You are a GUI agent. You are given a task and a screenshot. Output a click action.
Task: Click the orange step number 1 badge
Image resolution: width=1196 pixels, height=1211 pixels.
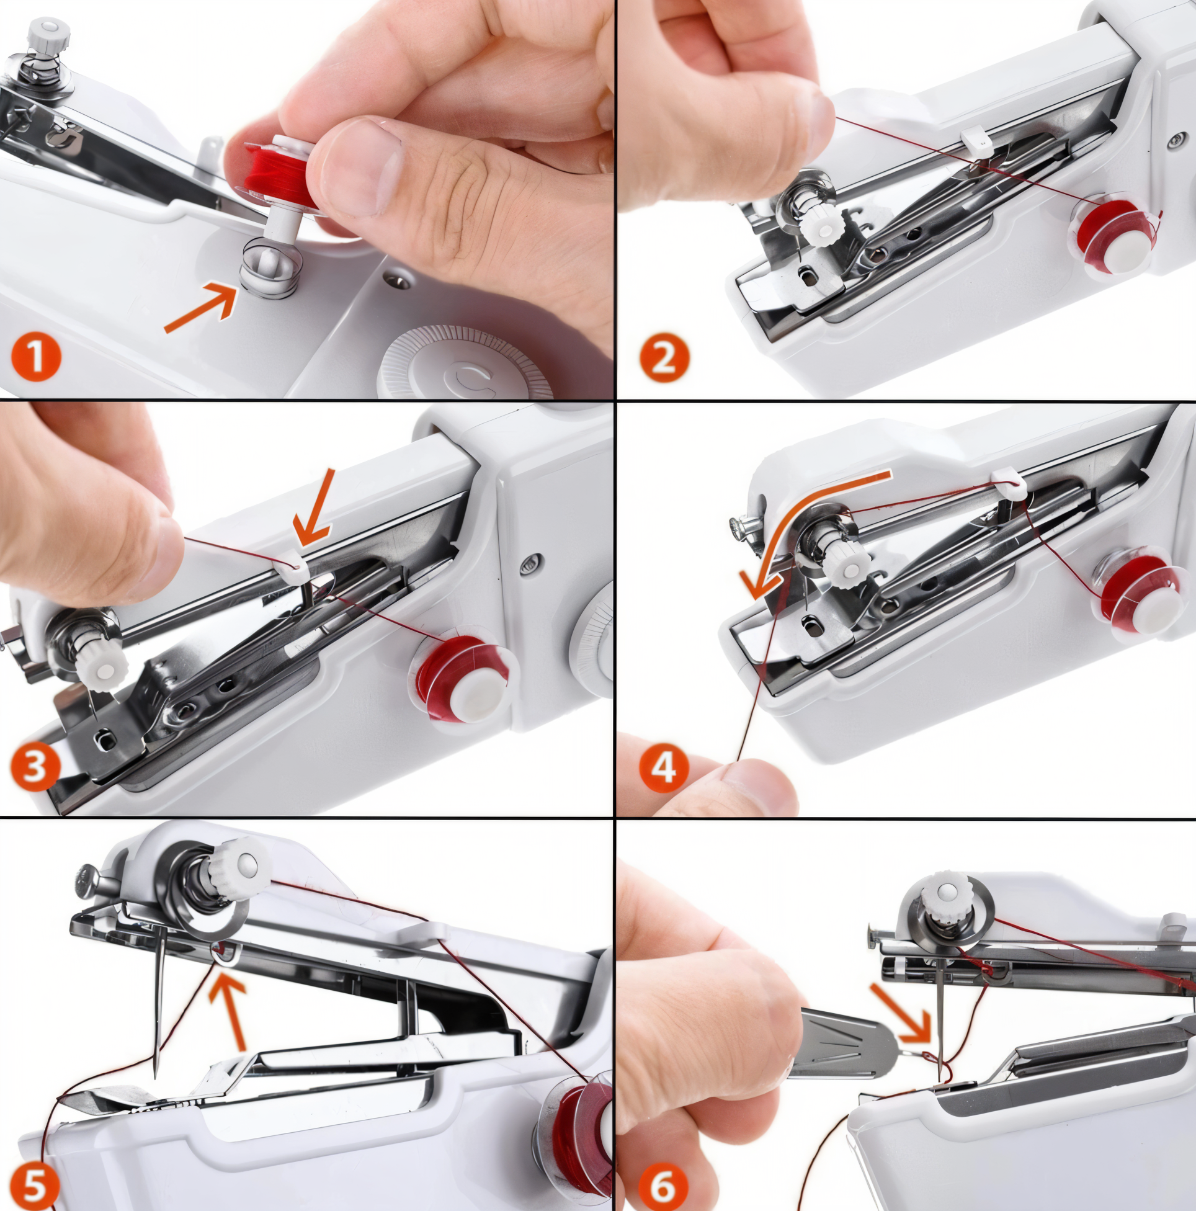37,357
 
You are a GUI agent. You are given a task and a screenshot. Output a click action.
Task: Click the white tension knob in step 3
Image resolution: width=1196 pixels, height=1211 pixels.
105,668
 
